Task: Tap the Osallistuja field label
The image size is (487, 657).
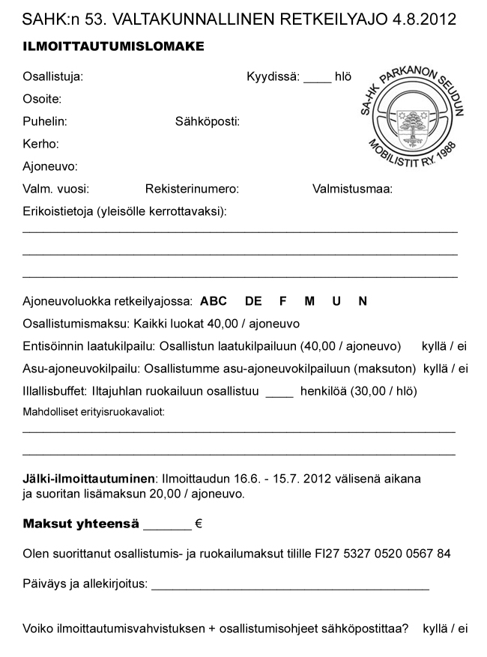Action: click(52, 76)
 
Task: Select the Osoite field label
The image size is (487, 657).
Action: click(42, 99)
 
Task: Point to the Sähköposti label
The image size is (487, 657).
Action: click(208, 121)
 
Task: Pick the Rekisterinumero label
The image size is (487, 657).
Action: click(192, 189)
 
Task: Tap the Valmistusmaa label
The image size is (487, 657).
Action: click(352, 189)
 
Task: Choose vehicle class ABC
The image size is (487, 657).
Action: click(213, 301)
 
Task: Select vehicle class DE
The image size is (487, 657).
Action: click(253, 301)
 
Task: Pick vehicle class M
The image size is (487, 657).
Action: click(309, 301)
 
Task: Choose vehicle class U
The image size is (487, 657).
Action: click(336, 301)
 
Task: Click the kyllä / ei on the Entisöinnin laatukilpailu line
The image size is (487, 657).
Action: click(445, 346)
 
